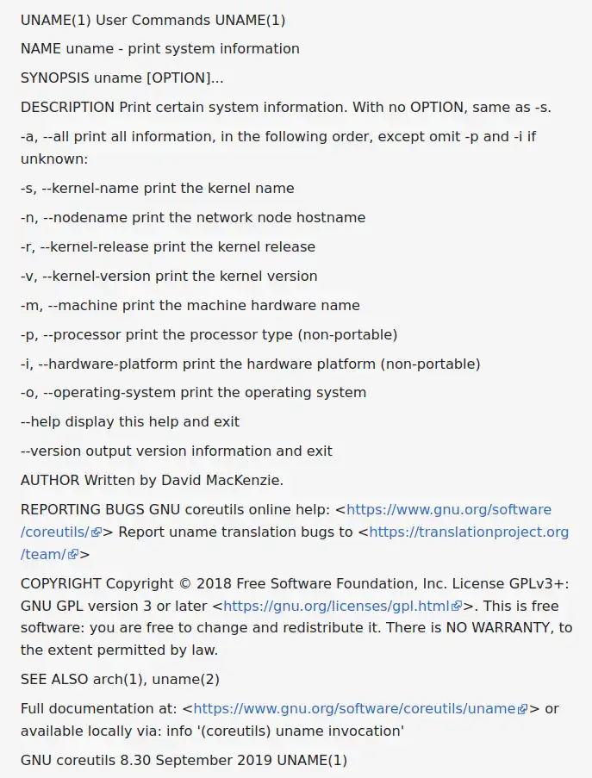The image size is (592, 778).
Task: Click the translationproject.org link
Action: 469,532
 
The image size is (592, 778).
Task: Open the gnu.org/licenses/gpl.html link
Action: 337,606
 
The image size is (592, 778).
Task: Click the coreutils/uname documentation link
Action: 354,709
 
